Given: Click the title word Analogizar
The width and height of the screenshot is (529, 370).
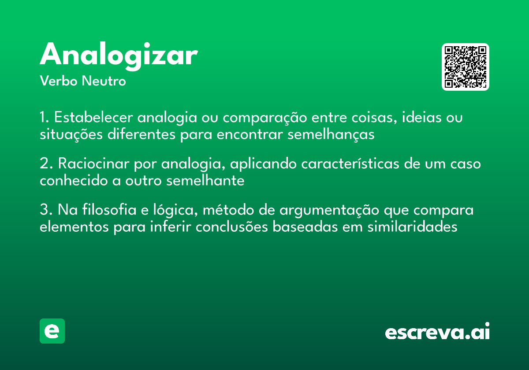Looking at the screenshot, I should point(118,56).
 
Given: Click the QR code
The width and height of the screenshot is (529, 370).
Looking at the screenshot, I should point(466,67).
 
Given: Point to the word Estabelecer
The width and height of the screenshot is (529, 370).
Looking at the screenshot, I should point(94,118).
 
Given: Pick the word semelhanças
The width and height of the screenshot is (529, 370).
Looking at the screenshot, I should point(331,134).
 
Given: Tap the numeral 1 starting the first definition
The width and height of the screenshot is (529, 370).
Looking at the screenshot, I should point(43,118).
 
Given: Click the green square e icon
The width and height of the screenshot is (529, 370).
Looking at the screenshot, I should point(52,331).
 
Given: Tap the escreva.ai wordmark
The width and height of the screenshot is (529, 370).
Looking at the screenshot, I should point(437,332).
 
